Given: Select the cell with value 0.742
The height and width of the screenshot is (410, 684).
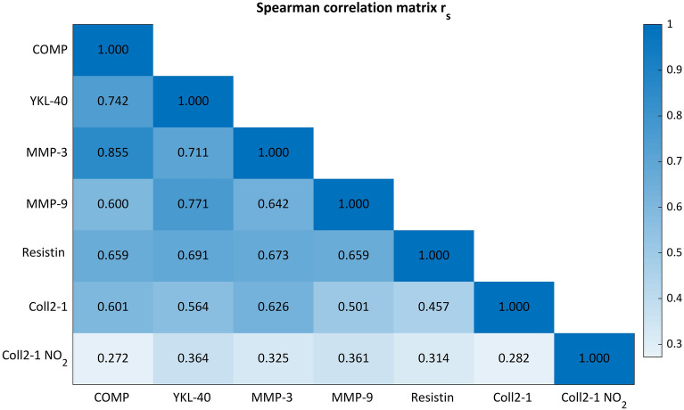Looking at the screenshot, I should click(112, 102).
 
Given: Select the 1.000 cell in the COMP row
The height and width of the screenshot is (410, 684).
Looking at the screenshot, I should click(112, 50).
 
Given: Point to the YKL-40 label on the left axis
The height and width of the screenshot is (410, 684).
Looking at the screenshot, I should click(48, 102).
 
